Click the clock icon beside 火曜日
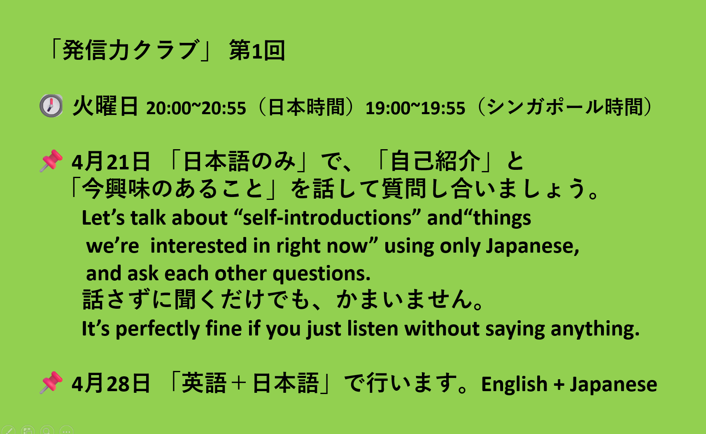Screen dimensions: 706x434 (51, 106)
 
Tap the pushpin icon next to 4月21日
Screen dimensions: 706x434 (51, 161)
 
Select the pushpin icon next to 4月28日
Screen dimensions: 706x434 (51, 383)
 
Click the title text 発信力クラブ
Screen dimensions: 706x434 (130, 50)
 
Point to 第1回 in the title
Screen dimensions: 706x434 (257, 51)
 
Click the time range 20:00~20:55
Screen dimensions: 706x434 (196, 108)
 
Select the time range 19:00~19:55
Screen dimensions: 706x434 (415, 108)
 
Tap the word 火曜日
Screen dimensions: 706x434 (105, 106)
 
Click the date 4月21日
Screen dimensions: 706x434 (111, 161)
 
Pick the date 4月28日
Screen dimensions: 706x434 (111, 383)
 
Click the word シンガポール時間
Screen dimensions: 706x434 (564, 107)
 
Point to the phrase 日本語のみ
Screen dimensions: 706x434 (239, 161)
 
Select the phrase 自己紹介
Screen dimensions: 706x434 (435, 161)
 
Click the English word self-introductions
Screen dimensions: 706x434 (328, 218)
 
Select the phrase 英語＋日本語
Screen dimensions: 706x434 (250, 383)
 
